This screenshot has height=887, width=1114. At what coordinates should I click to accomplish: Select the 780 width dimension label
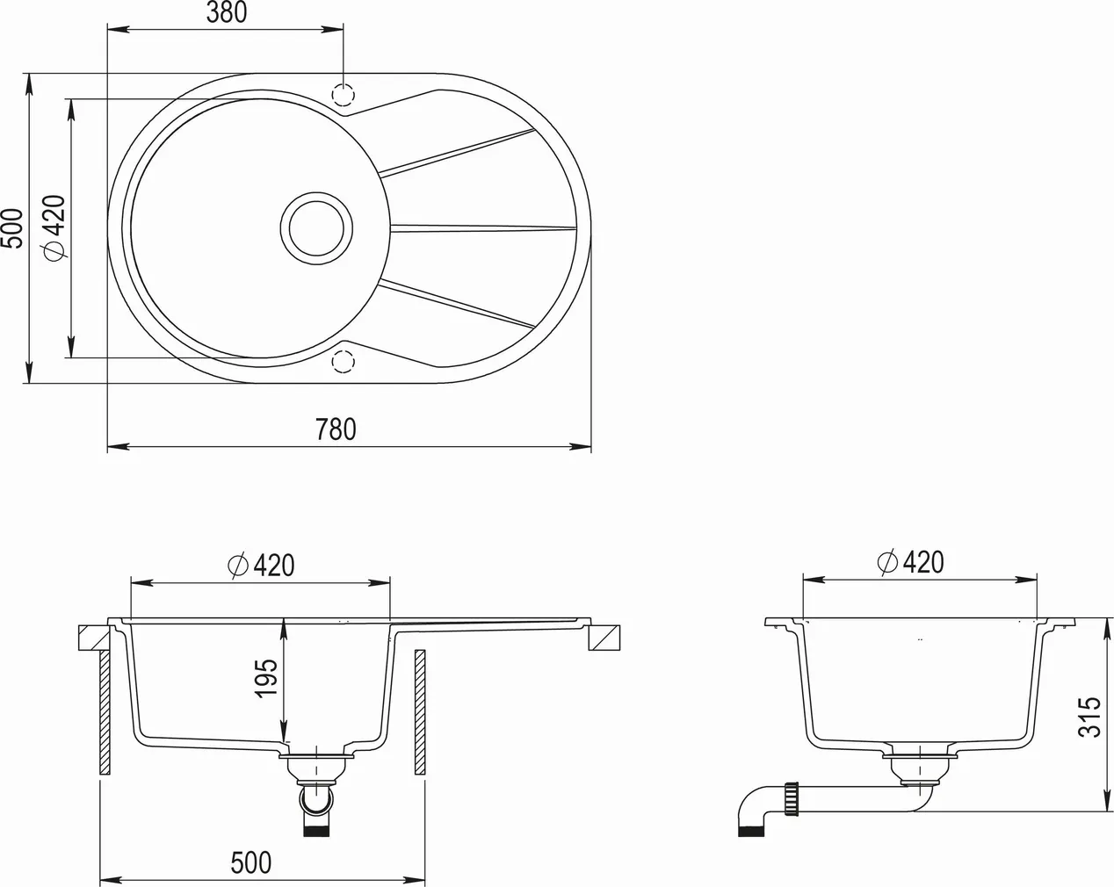[x=336, y=429]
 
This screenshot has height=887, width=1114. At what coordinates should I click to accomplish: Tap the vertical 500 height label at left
[x=11, y=227]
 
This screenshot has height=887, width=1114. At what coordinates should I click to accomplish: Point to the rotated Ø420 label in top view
[x=54, y=227]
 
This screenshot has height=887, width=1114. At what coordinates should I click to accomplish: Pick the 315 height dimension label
[x=1089, y=717]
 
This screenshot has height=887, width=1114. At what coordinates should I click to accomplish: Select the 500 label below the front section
[x=251, y=862]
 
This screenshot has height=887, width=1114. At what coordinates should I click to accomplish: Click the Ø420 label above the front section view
[x=261, y=566]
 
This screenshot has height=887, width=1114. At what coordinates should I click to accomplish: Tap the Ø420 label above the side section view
[x=910, y=562]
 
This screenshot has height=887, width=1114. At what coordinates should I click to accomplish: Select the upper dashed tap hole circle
[x=342, y=94]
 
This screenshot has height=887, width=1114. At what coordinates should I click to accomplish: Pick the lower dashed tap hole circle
[x=342, y=362]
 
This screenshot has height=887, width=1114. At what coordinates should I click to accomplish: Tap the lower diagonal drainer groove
[x=457, y=304]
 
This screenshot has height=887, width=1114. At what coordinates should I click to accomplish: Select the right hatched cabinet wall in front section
[x=419, y=711]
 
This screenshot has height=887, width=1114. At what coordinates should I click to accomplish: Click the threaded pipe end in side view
[x=794, y=800]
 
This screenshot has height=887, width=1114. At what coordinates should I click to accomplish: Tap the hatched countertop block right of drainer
[x=604, y=637]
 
